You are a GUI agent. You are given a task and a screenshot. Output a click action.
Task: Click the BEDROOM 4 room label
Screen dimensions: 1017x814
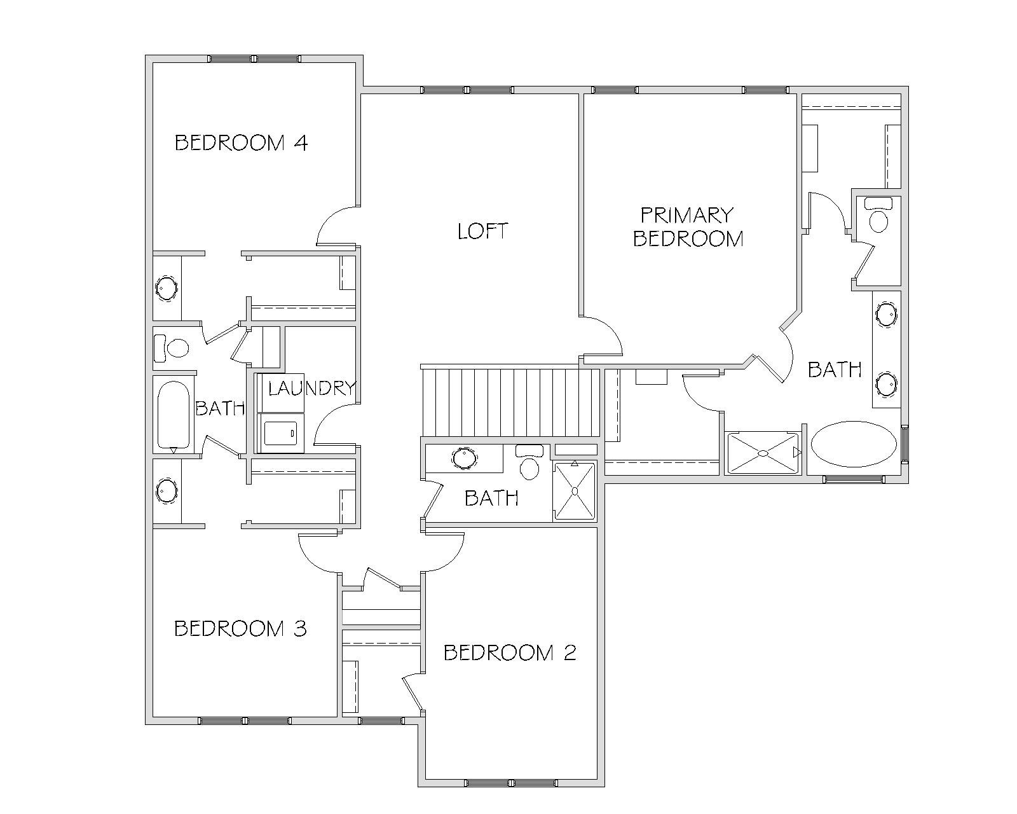[x=241, y=143]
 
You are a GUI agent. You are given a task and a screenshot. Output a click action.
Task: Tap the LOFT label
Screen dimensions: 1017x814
[x=482, y=231]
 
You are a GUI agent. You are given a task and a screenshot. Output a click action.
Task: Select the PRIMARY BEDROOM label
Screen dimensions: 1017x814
[x=688, y=227]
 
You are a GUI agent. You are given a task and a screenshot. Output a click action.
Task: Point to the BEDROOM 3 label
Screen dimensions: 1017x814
[x=240, y=628]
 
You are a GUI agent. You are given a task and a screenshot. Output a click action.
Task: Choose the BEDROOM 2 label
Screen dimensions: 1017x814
[x=510, y=653]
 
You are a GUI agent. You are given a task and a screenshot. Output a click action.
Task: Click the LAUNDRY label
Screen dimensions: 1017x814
[x=312, y=389]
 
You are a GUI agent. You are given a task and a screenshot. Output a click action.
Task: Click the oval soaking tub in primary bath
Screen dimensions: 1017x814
[x=854, y=444]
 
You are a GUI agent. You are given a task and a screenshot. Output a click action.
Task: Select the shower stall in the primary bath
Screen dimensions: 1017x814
[x=763, y=453]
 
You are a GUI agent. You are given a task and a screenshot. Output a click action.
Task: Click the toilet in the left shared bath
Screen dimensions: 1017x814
[x=172, y=348]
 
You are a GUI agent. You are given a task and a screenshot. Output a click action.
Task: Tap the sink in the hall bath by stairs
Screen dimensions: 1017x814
[x=464, y=459]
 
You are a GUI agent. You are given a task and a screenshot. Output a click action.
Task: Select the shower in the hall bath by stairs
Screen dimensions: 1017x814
[x=575, y=491]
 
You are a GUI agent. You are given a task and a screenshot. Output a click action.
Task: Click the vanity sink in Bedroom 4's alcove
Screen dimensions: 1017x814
[x=167, y=287]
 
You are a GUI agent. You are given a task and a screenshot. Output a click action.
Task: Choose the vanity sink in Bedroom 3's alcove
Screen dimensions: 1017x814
[x=167, y=490]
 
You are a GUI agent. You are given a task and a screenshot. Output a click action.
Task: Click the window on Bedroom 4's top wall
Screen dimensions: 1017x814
[x=254, y=59]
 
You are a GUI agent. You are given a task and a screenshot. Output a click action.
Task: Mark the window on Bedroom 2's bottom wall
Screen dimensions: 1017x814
[x=511, y=783]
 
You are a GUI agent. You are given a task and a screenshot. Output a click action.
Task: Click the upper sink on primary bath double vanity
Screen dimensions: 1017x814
[x=886, y=315]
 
